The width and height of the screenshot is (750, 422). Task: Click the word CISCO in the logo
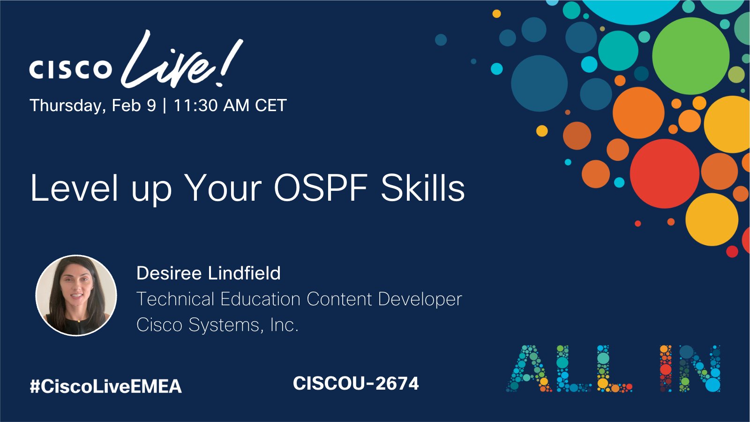point(71,69)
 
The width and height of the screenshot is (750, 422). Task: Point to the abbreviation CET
point(270,105)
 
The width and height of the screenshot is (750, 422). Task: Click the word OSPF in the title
point(321,188)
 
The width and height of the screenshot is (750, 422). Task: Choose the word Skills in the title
point(422,188)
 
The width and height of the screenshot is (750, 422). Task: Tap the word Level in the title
point(74,188)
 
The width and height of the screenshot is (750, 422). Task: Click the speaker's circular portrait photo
point(76,295)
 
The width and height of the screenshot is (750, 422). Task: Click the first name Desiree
point(169,273)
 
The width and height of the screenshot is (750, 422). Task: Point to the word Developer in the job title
point(420,299)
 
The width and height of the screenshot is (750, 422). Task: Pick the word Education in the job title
point(260,299)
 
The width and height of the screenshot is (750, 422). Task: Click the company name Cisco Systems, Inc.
point(217,324)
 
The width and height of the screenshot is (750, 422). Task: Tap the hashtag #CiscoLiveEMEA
point(105,386)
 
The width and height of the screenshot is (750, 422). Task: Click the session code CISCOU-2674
point(356,384)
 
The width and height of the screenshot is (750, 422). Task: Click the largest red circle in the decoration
point(664,173)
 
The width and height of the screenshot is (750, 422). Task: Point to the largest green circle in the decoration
point(690,56)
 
